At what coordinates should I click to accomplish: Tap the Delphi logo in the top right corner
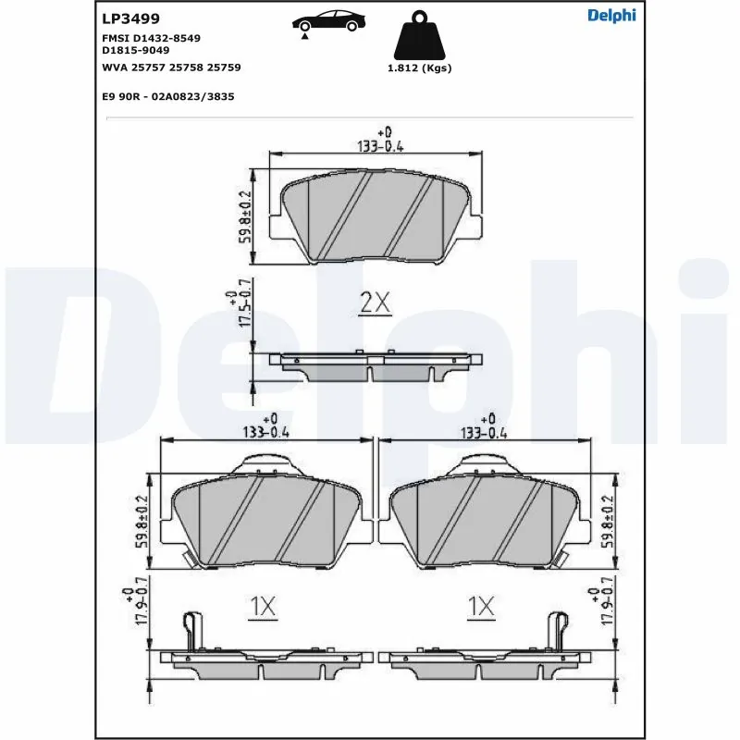coord(611,15)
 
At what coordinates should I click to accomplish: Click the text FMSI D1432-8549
coord(151,37)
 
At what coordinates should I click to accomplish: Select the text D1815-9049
coord(135,50)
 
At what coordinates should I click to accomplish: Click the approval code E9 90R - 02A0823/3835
coord(167,95)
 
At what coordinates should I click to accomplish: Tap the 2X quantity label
coord(375,303)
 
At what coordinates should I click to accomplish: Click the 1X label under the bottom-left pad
coord(263,607)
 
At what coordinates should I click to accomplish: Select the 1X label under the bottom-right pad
coord(481,607)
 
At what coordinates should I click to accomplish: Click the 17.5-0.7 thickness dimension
coord(238,311)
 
